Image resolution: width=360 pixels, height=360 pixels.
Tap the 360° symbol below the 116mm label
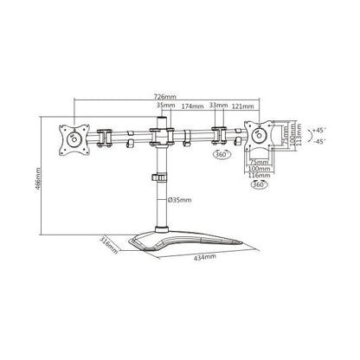tap(259, 183)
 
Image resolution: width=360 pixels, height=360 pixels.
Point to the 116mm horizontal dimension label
tap(259, 175)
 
